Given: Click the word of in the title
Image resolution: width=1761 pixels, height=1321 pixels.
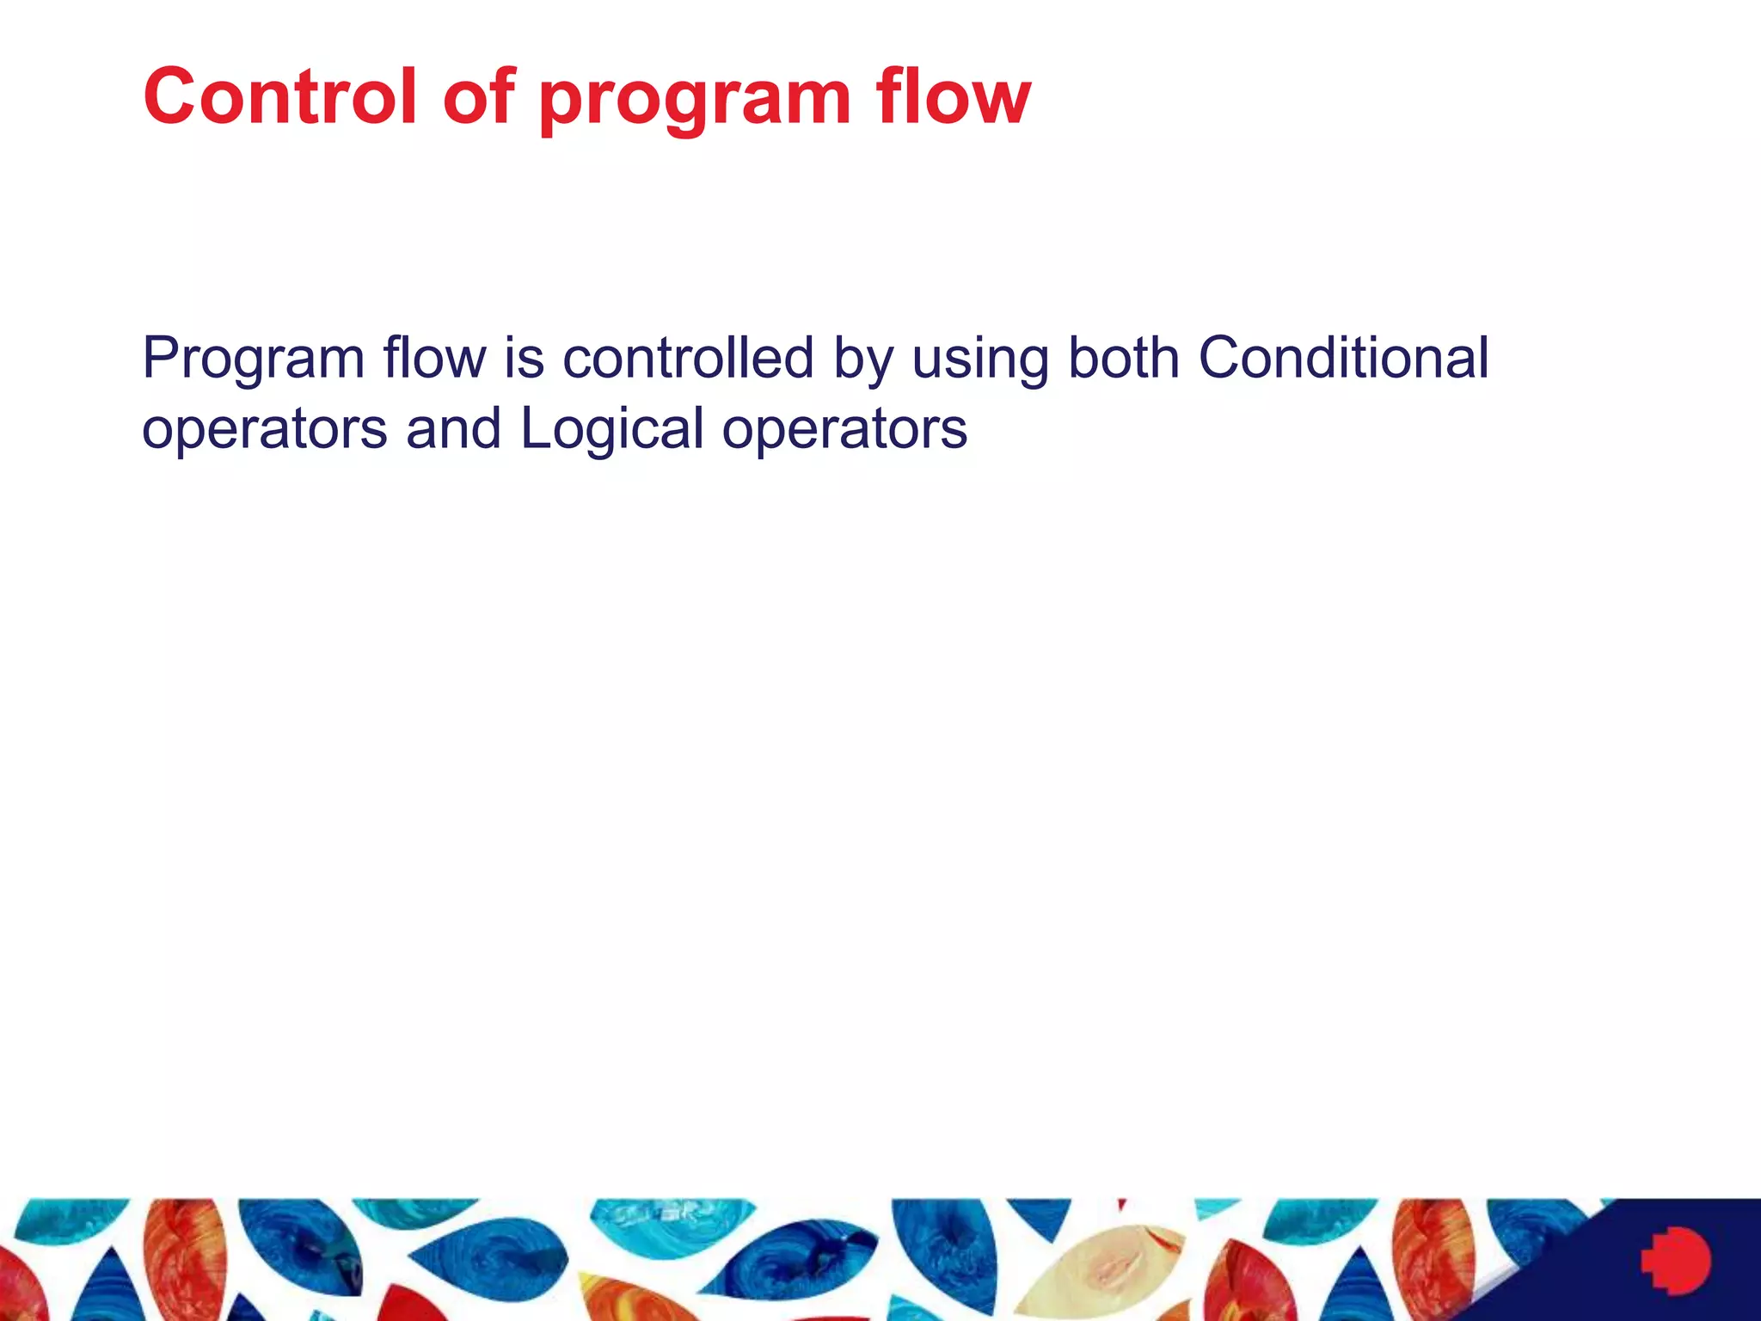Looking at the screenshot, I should [478, 96].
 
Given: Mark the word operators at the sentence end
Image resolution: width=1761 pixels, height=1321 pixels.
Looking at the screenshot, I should [844, 430].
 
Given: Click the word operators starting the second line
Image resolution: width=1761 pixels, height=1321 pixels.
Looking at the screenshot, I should [264, 430].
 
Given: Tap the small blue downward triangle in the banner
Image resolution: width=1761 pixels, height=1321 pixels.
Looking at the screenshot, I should [1039, 1218].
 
